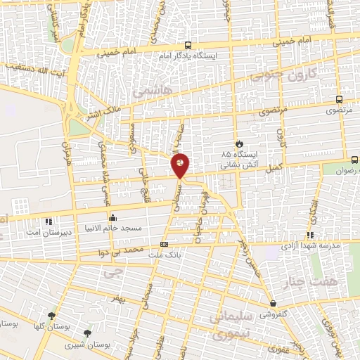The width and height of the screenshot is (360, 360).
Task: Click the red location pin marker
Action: tap(181, 165)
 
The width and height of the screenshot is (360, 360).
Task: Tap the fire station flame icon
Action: tap(239, 141)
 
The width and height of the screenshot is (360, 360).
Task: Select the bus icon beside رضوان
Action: tap(354, 160)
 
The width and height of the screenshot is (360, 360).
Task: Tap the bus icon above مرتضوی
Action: tap(340, 100)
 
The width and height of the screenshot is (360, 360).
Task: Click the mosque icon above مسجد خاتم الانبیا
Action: tap(113, 217)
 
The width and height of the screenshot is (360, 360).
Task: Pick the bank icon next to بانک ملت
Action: tap(165, 245)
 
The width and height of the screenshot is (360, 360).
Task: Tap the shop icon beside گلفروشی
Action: tap(272, 304)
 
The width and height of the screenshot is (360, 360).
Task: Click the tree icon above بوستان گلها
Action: tap(51, 315)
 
